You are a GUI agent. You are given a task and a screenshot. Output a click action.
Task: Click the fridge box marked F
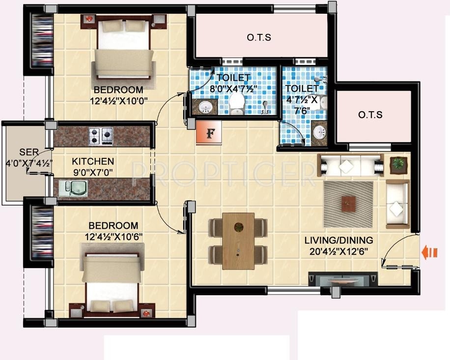pos(209,133)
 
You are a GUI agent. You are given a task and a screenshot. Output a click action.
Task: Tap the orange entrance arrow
pos(429,253)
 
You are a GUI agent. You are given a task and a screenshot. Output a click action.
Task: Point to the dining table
pos(238,241)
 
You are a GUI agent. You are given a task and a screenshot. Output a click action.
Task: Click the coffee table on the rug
pos(348,202)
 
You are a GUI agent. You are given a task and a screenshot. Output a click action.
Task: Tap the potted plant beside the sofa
pos(398,164)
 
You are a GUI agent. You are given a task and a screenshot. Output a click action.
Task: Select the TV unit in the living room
pos(342,278)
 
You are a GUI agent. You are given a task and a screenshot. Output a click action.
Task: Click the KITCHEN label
pos(93,161)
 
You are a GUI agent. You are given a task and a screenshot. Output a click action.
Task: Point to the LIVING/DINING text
pos(338,240)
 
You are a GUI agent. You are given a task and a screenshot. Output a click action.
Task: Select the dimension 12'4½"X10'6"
pos(116,236)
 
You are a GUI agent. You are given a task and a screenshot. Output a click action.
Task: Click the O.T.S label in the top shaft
pos(259,37)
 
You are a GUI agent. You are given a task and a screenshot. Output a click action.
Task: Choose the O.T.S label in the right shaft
pos(370,115)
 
